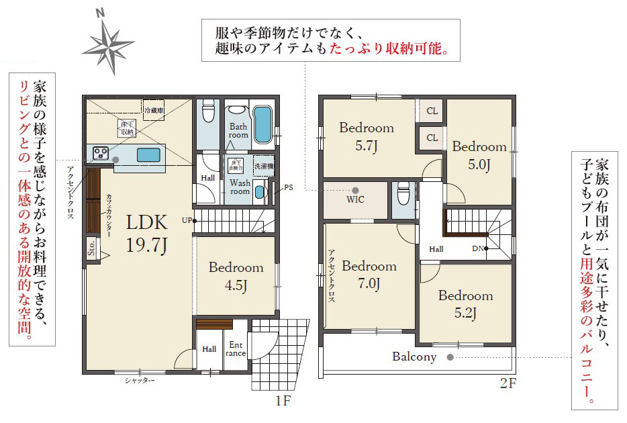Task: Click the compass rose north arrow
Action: click(x=107, y=41)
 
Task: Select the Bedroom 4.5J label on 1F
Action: click(x=236, y=276)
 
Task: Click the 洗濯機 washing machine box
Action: click(x=262, y=165)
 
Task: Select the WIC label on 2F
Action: click(x=355, y=199)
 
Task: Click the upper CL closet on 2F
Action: click(x=432, y=111)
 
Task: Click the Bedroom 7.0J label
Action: click(x=369, y=274)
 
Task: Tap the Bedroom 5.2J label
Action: click(x=465, y=303)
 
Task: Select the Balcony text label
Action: click(x=414, y=357)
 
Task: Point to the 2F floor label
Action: click(x=508, y=385)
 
